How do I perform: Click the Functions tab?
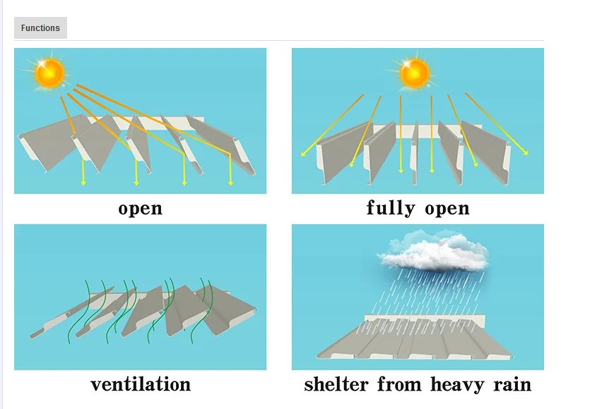40,28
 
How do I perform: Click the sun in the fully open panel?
415,73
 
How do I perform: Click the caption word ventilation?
141,384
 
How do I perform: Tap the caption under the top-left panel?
141,209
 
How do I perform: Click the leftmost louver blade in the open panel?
49,145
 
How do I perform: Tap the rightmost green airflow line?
208,310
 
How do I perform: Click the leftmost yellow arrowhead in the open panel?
83,183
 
